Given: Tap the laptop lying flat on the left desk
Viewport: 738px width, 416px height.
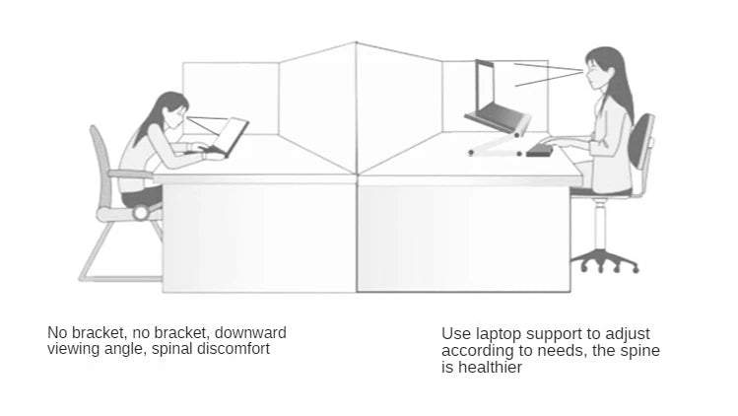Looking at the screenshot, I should pyautogui.click(x=229, y=138).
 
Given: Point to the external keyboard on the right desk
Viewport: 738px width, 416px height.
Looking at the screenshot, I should pyautogui.click(x=543, y=148).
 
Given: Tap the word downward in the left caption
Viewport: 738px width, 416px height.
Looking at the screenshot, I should pyautogui.click(x=250, y=332).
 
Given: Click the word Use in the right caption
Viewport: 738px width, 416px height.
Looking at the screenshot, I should pyautogui.click(x=454, y=334).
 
